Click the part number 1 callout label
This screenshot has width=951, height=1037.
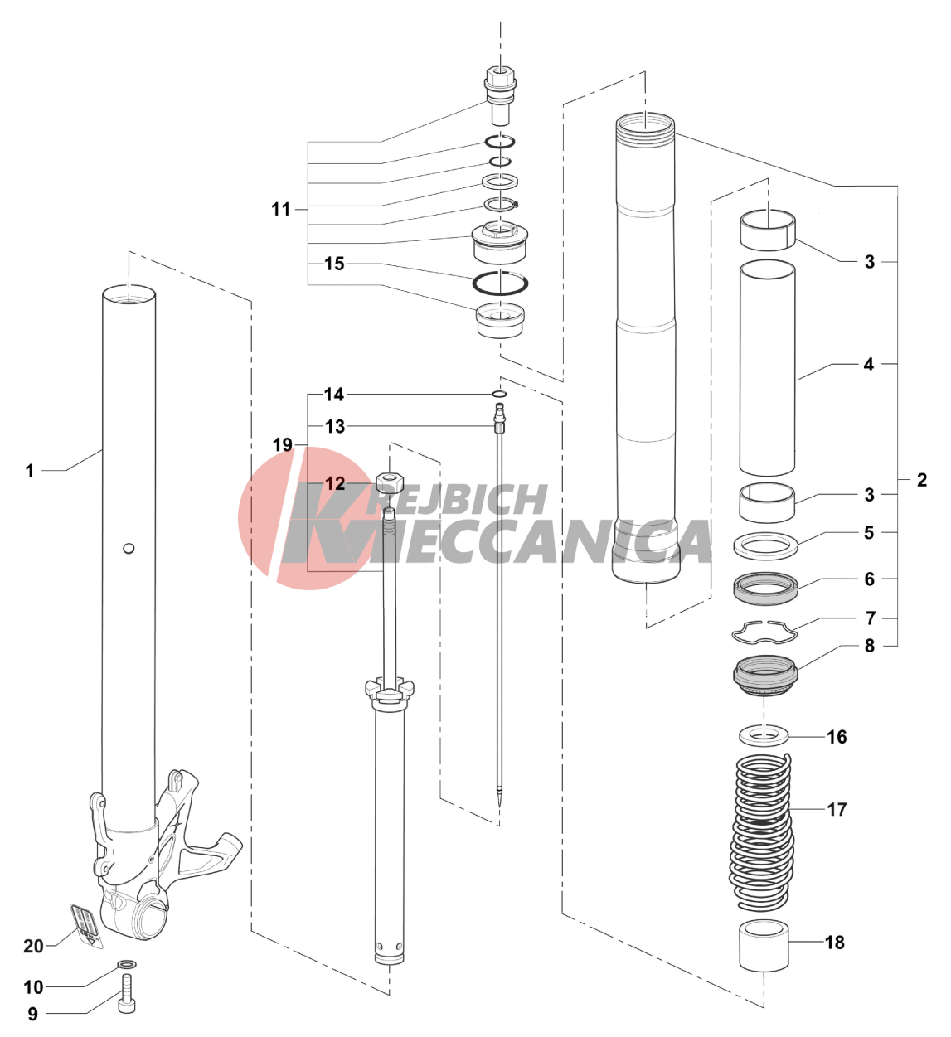pos(30,471)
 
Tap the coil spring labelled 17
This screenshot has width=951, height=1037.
pos(762,829)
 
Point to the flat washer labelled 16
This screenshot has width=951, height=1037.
pos(763,735)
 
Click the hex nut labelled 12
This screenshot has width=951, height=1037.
pos(389,481)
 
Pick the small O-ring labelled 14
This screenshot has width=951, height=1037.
pos(498,394)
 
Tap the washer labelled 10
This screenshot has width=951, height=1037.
pos(127,965)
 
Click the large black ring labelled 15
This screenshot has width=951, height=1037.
pos(501,282)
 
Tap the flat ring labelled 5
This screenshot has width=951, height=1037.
pos(766,545)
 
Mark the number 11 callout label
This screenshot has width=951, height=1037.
pos(281,209)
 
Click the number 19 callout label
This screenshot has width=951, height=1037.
pos(283,445)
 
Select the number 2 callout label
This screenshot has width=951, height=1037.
pos(921,480)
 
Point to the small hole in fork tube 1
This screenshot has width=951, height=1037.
pos(128,548)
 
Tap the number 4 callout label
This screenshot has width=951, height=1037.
pos(868,364)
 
